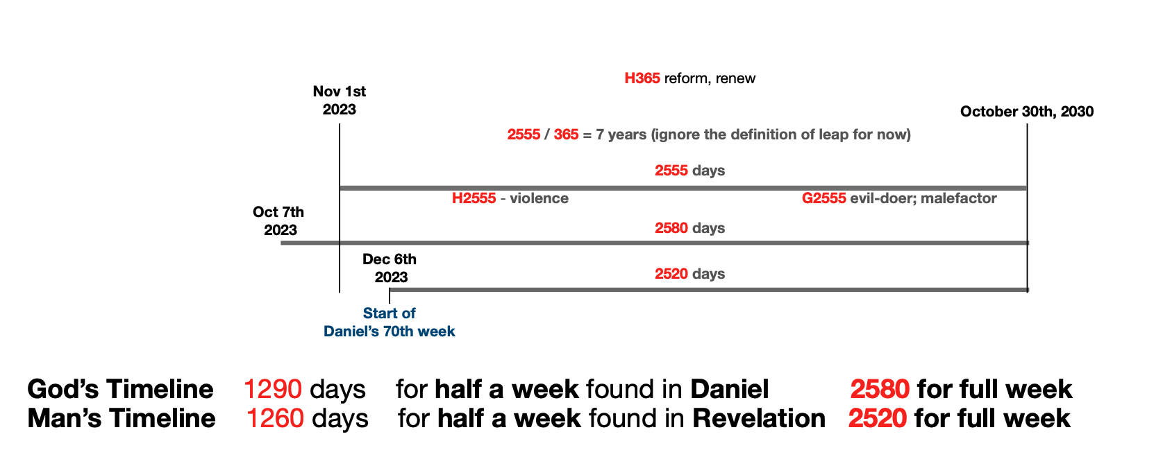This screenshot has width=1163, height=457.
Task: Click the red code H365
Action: [642, 78]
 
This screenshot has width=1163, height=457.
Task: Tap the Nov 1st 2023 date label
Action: [340, 100]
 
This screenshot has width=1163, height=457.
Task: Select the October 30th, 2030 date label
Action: [1027, 112]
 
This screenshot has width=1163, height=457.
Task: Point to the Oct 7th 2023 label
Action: [279, 221]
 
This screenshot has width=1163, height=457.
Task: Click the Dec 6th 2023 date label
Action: [390, 268]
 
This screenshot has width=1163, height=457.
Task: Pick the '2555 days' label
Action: [690, 171]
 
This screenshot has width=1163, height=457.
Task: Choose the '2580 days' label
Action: [690, 228]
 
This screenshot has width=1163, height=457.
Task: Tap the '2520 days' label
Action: [690, 274]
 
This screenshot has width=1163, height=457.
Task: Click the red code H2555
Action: [474, 198]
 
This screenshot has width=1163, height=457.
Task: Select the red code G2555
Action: [824, 198]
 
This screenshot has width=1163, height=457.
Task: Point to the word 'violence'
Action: [539, 198]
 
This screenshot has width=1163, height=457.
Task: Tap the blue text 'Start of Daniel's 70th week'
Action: [390, 322]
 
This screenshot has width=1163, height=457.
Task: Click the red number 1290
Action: [273, 389]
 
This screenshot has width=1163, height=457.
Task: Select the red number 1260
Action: [275, 418]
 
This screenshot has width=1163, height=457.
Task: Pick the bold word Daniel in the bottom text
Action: [730, 389]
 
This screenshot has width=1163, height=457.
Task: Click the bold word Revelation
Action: [759, 418]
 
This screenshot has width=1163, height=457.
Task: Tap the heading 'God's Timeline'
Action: [120, 389]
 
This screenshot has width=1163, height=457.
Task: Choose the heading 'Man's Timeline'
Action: [122, 418]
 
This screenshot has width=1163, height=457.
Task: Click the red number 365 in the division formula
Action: [566, 135]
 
